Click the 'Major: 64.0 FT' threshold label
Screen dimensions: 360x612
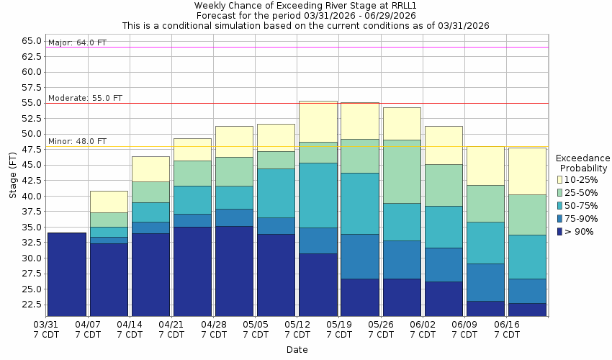77,42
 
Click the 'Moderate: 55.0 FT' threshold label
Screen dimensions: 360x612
85,98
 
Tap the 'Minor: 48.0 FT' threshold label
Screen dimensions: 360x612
77,141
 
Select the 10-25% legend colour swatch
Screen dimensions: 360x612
559,179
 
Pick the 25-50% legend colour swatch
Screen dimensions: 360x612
559,192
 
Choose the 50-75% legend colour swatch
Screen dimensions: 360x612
559,205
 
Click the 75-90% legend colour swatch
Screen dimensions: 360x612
559,218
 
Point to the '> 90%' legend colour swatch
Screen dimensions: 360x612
559,231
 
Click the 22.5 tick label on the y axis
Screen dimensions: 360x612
31,304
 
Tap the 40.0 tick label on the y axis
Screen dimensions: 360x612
31,196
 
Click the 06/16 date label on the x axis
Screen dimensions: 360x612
507,325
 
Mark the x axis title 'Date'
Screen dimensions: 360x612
297,350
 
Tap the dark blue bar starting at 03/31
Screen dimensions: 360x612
66,274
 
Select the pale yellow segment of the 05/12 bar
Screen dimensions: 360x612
318,122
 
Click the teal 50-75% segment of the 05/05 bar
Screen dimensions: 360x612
276,193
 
